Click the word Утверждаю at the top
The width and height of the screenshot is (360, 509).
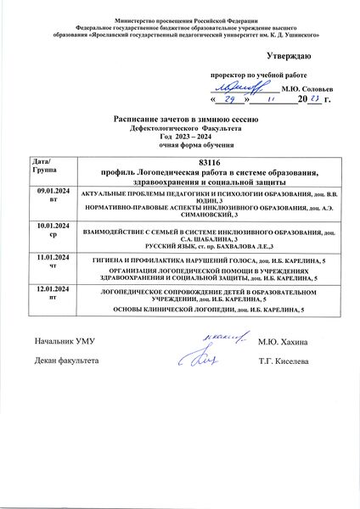(x=288, y=56)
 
